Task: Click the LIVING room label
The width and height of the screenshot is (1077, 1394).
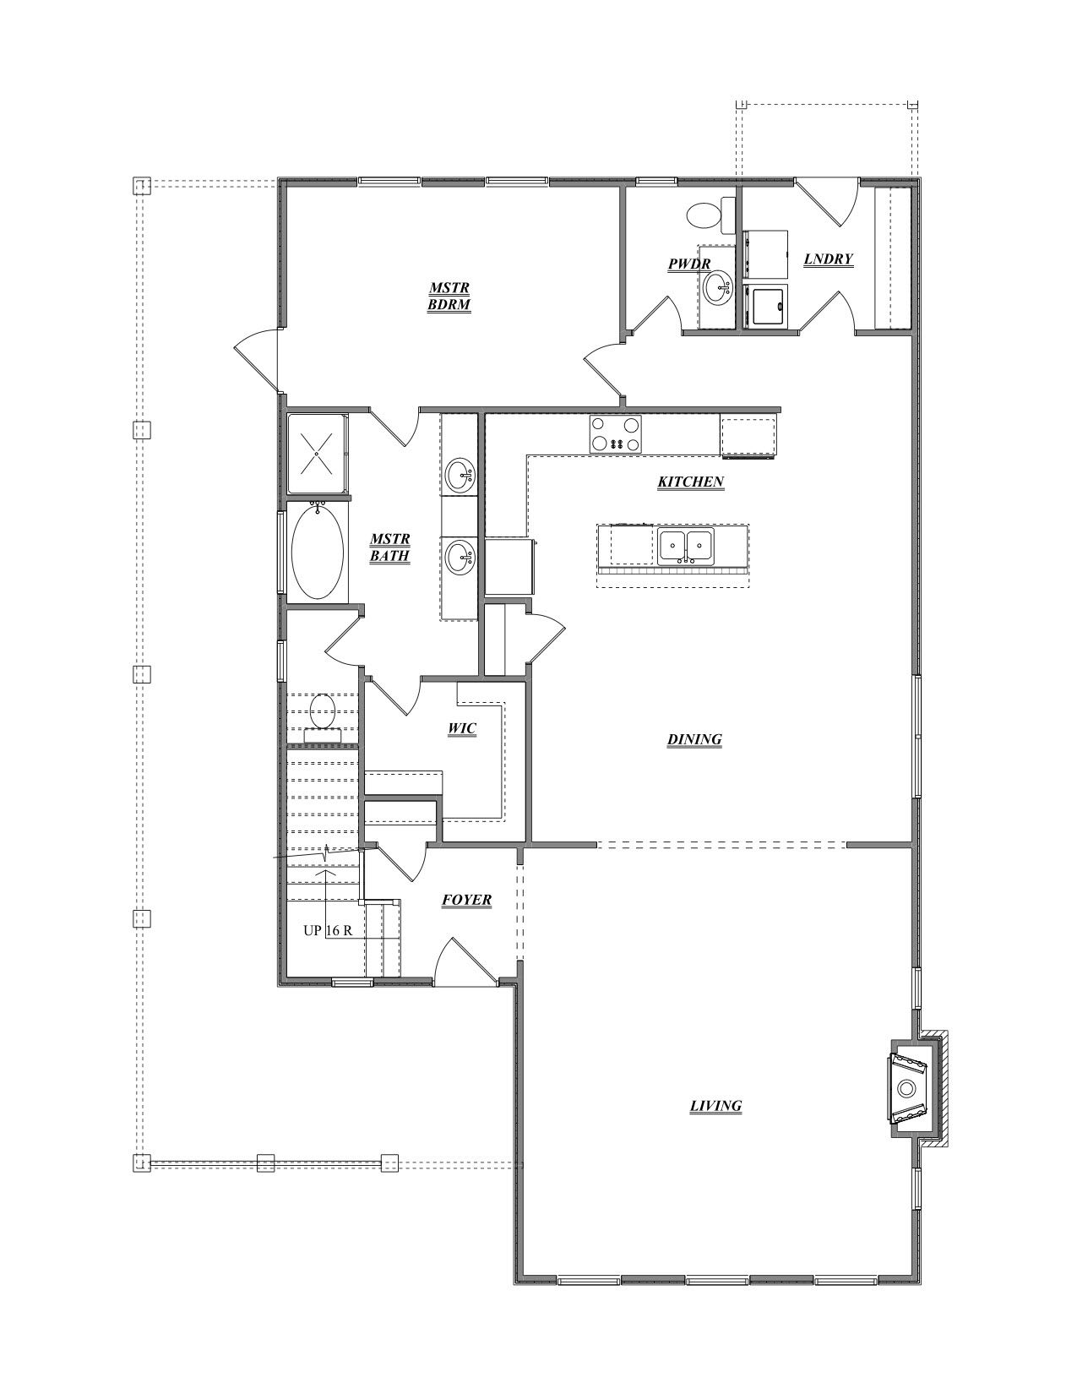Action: pos(715,1105)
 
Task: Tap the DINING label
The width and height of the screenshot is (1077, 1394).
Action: pos(694,739)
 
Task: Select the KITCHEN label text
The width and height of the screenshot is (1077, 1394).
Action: pos(690,482)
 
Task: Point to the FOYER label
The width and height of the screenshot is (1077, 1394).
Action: pos(466,900)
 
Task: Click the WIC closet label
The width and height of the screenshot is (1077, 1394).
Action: pos(462,728)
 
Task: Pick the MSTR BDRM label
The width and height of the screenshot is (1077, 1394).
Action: pos(449,297)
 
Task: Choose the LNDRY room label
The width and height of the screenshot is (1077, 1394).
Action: pos(828,259)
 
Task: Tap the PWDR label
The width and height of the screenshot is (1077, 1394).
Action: pos(688,264)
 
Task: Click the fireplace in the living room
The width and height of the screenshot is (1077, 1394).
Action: pos(910,1088)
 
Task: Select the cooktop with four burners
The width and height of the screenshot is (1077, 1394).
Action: pos(615,435)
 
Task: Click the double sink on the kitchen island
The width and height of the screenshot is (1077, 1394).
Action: pos(685,547)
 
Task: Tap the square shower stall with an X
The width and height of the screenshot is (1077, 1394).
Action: pos(317,454)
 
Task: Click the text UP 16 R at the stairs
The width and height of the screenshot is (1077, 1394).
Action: pos(328,930)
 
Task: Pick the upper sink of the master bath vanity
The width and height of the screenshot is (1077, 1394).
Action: pos(460,473)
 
